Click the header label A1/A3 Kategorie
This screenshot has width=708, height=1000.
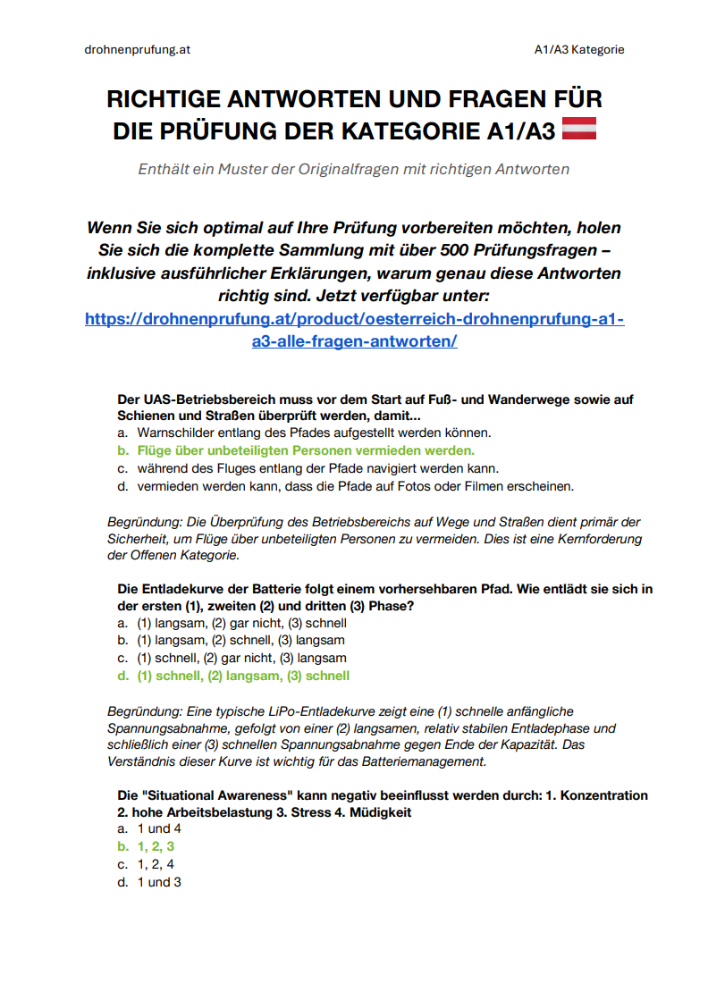click(x=573, y=49)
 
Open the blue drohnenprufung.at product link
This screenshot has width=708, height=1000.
click(x=354, y=330)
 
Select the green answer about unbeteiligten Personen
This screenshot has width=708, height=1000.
click(x=305, y=450)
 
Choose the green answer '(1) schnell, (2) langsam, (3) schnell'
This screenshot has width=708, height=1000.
click(x=242, y=676)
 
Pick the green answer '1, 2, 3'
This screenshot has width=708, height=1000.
click(x=156, y=846)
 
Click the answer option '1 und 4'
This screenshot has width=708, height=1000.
click(x=159, y=828)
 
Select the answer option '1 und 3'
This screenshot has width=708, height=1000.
click(x=159, y=882)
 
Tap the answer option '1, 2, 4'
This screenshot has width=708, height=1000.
click(x=156, y=864)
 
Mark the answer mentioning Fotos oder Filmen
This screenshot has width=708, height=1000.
click(x=355, y=486)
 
